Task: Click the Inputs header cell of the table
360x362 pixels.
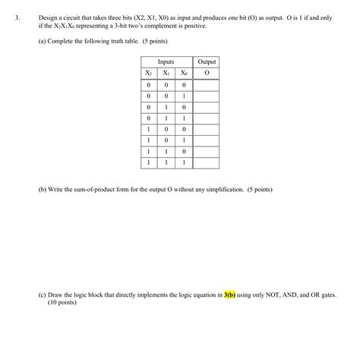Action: click(166, 61)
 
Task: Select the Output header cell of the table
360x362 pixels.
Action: click(206, 61)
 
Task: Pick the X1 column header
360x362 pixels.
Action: click(166, 73)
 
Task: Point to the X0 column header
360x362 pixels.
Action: click(183, 73)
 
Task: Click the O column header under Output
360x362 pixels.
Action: click(206, 73)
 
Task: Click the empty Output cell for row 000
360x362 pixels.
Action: click(206, 85)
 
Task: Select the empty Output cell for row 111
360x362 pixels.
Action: click(206, 162)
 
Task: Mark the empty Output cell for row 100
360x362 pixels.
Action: click(206, 129)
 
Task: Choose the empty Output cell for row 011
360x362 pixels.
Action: click(206, 118)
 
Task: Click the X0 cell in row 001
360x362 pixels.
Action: click(183, 96)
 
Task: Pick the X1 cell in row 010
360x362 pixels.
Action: click(166, 107)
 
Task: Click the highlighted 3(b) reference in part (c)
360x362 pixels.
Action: click(229, 294)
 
